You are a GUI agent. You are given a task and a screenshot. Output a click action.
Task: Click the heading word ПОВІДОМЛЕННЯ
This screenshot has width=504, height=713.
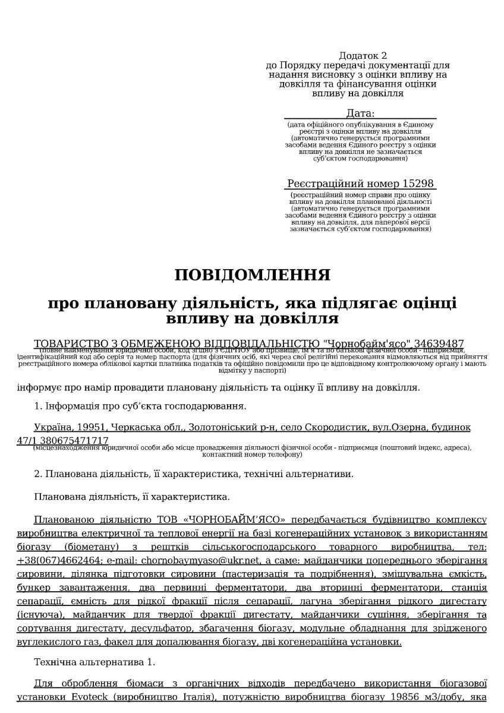pyautogui.click(x=252, y=275)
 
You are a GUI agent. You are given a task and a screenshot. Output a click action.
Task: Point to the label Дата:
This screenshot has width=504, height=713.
pyautogui.click(x=360, y=113)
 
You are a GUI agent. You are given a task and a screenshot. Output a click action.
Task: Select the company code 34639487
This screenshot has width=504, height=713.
pyautogui.click(x=439, y=344)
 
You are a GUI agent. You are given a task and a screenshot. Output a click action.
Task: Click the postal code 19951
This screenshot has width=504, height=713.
pyautogui.click(x=90, y=428)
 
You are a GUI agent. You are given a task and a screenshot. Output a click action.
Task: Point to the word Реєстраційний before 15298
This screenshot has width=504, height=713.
pyautogui.click(x=335, y=184)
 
